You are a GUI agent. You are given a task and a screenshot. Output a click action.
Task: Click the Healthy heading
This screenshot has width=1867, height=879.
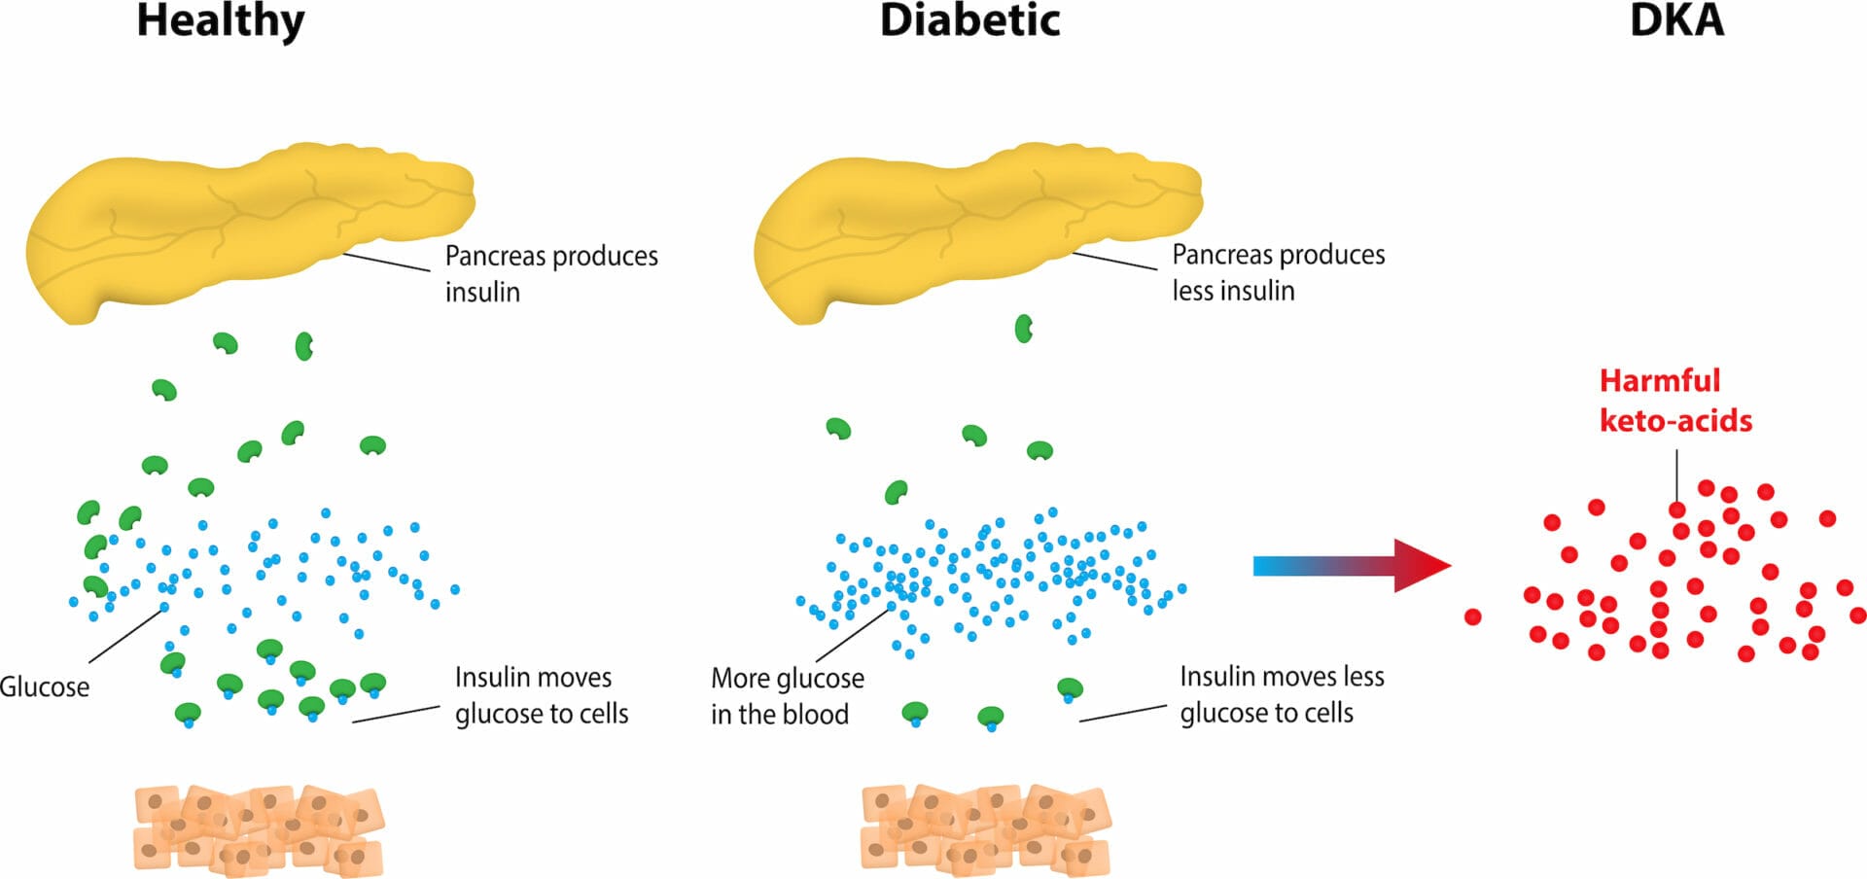point(221,21)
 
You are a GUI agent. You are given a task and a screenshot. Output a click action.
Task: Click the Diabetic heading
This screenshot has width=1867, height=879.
point(969,21)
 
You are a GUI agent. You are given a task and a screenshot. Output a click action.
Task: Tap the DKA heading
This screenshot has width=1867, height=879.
point(1676,21)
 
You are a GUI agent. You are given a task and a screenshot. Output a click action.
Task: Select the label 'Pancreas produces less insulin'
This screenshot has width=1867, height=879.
point(1277,272)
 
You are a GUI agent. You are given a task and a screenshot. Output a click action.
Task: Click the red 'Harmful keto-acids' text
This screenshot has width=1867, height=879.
point(1674,400)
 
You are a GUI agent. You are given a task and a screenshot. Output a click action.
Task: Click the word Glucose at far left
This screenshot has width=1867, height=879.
point(45,686)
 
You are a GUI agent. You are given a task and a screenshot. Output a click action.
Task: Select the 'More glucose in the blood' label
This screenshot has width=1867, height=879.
point(787,695)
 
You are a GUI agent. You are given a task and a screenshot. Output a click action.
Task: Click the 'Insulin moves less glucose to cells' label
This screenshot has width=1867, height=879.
point(1281,694)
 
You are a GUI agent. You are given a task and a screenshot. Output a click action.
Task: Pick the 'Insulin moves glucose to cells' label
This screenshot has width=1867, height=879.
point(541,695)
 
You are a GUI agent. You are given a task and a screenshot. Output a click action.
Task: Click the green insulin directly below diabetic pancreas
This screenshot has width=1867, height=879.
point(1023,329)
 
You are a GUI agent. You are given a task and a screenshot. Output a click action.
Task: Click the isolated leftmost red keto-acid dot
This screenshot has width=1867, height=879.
point(1472,616)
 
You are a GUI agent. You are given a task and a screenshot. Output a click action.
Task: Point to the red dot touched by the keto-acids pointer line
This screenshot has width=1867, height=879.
point(1677,510)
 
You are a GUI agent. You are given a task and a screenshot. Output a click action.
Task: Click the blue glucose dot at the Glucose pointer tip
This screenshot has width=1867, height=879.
point(164,608)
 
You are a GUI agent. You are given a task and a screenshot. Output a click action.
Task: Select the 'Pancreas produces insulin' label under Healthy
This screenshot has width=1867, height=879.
point(550,273)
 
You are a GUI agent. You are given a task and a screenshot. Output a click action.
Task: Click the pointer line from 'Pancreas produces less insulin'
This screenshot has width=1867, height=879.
point(1114,261)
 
